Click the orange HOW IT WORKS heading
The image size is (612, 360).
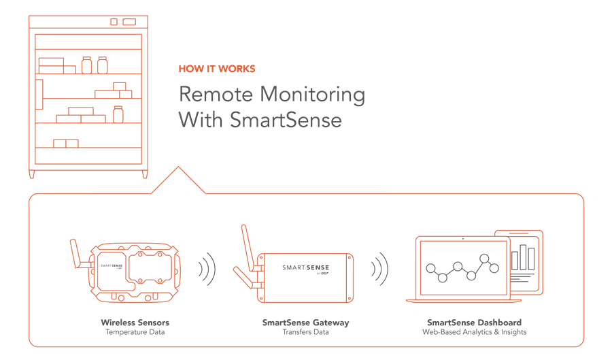[x=216, y=69]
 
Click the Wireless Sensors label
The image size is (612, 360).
[x=135, y=322]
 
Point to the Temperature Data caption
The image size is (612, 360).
[x=135, y=332]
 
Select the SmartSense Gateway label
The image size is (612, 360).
[x=305, y=322]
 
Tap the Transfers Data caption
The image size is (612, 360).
[x=305, y=332]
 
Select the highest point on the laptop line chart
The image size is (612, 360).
[x=486, y=258]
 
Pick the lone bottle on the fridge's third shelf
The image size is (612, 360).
[x=118, y=114]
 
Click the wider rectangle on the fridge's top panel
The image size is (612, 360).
[x=129, y=22]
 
